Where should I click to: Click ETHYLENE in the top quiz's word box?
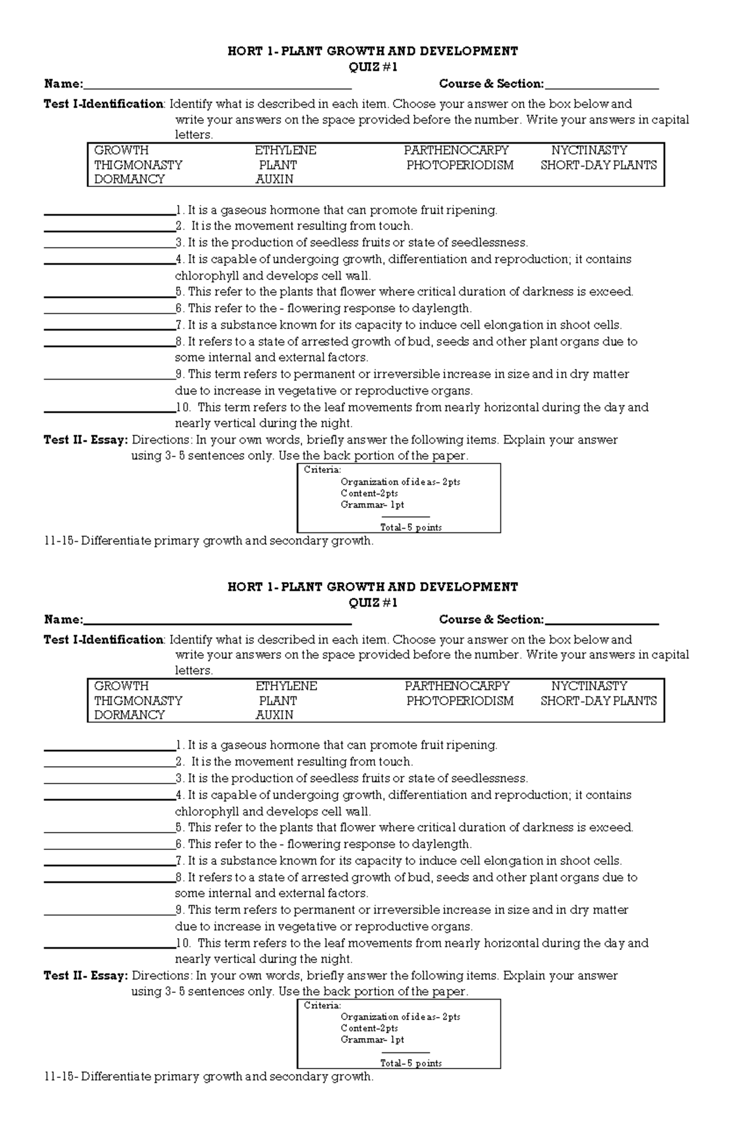pos(285,150)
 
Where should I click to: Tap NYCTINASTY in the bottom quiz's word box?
pos(589,686)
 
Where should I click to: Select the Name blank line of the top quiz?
pos(218,86)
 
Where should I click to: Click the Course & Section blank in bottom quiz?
pos(601,621)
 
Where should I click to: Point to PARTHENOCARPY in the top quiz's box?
pos(456,150)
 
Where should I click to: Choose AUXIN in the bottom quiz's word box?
pos(274,715)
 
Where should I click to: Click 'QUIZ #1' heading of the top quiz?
pos(372,67)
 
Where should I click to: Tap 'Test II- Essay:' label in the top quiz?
pos(86,440)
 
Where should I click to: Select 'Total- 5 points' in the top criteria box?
pos(411,527)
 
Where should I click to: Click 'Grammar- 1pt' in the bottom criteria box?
pos(372,1040)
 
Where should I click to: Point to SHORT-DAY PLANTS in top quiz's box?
pos(598,165)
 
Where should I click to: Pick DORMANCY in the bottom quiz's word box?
pos(129,715)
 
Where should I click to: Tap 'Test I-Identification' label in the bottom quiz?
pos(103,640)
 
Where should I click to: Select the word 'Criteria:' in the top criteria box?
pos(322,470)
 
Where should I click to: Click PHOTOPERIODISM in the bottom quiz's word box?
pos(460,701)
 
